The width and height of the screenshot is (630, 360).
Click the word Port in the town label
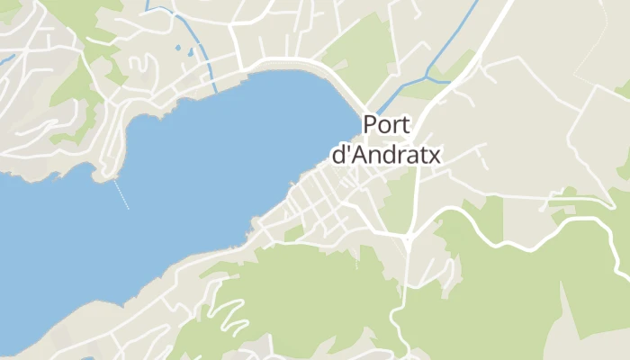[388, 125]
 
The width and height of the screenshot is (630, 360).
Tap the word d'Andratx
[386, 155]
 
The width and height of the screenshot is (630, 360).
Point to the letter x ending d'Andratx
[435, 156]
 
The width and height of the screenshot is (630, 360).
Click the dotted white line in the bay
[121, 194]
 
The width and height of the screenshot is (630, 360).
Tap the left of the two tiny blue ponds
[177, 47]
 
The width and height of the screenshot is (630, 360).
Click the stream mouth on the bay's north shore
[216, 89]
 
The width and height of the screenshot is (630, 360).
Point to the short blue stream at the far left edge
[7, 59]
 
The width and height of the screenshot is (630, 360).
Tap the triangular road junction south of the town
[408, 238]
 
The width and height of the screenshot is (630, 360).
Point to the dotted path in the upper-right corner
[603, 36]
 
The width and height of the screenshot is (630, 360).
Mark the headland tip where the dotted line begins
[112, 177]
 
